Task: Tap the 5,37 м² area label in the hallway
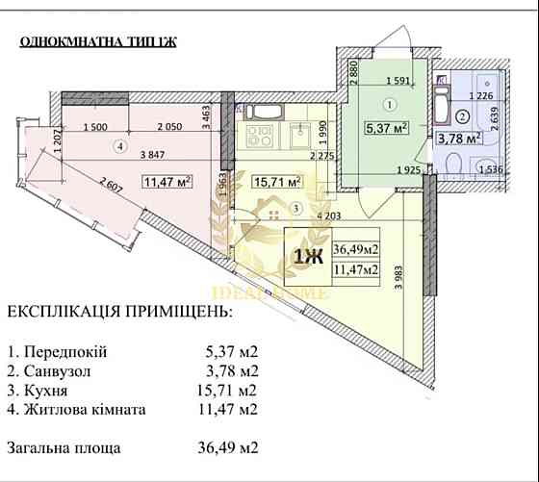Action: click(x=384, y=125)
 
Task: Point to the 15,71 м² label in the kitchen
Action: click(x=277, y=180)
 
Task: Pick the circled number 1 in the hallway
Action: click(x=389, y=104)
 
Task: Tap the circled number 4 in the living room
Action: click(x=119, y=147)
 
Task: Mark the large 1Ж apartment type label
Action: click(x=307, y=256)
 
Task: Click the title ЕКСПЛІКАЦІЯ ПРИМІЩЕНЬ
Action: click(x=119, y=313)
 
